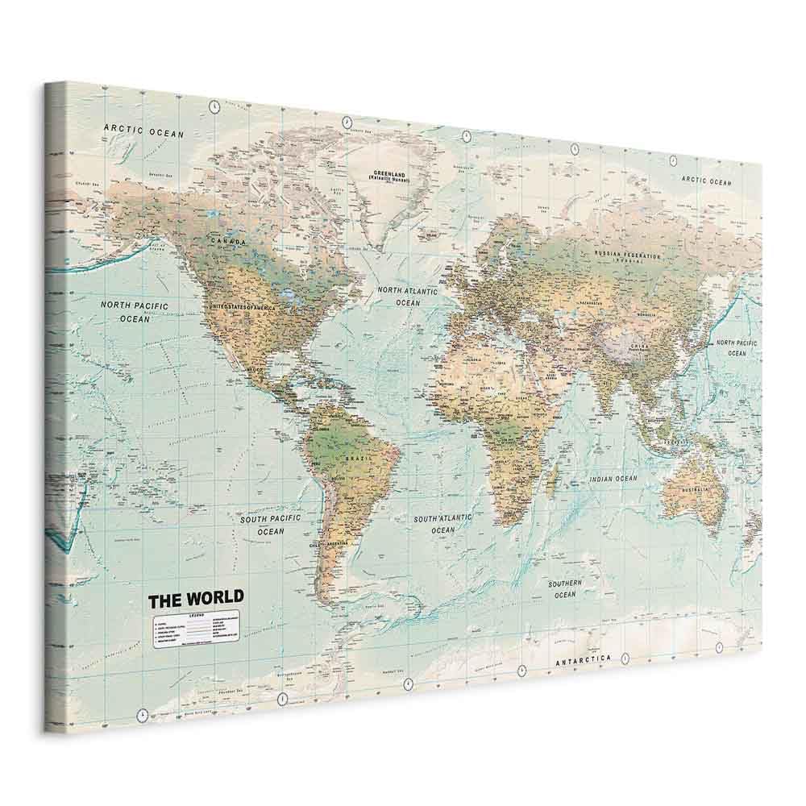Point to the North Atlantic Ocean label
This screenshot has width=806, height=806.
408,297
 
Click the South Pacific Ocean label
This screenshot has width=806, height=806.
270,526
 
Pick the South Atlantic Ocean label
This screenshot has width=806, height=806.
443,525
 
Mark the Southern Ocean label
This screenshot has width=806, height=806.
565,588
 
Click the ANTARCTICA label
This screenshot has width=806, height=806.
583,660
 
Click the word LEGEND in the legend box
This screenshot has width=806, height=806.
197,615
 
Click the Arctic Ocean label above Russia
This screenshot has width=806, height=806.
706,181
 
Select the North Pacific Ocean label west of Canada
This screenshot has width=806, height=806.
135,312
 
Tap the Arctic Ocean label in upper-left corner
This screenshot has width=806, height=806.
143,131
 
